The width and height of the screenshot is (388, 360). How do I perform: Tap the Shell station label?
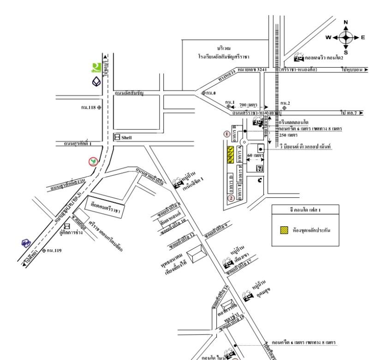tap(125, 137)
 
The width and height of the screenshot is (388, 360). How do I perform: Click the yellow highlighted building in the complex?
tap(228, 154)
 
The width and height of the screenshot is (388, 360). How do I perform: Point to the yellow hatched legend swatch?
tap(284, 229)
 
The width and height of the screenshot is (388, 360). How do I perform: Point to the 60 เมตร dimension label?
tap(254, 155)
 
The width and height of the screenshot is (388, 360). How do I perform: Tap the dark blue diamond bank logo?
tap(96, 82)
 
